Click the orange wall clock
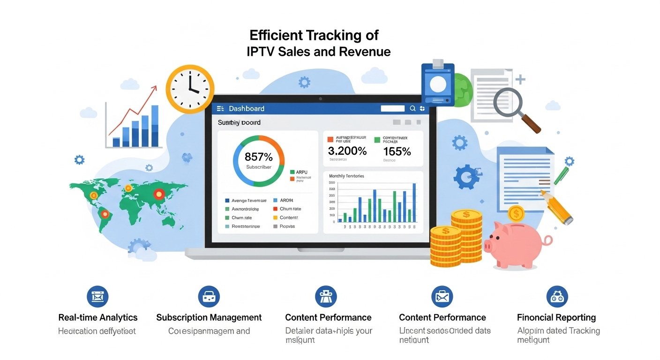tap(190, 89)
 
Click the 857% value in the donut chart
tap(258, 157)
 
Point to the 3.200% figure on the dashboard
tap(347, 151)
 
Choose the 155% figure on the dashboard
tap(397, 151)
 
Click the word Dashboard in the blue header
tap(247, 109)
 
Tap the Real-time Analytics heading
tap(98, 317)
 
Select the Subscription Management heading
tap(209, 317)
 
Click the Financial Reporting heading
tap(556, 317)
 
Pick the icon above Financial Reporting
tap(557, 296)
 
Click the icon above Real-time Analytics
tap(97, 296)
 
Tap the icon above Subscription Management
tap(209, 296)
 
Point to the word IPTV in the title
tap(260, 52)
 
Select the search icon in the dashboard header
tap(412, 109)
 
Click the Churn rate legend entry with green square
tap(241, 217)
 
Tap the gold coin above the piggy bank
tap(516, 214)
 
